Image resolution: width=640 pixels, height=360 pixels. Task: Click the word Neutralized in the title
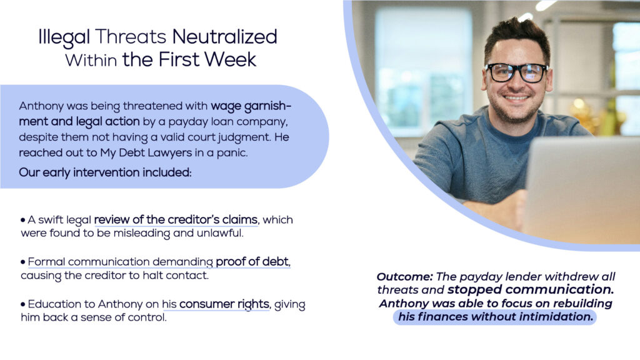pyautogui.click(x=224, y=37)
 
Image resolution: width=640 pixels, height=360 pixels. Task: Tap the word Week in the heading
pyautogui.click(x=230, y=59)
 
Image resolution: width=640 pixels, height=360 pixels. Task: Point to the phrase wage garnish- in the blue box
pyautogui.click(x=251, y=106)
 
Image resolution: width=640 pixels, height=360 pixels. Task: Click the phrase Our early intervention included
pyautogui.click(x=105, y=172)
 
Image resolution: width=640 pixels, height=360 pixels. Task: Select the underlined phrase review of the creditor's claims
pyautogui.click(x=176, y=220)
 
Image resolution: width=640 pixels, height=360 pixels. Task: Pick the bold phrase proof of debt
pyautogui.click(x=252, y=262)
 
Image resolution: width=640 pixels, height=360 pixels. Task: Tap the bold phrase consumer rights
pyautogui.click(x=224, y=304)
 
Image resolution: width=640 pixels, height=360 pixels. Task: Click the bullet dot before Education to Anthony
pyautogui.click(x=23, y=304)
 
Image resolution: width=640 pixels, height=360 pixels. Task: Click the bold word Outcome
pyautogui.click(x=404, y=277)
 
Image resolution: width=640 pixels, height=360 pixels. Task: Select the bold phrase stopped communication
pyautogui.click(x=531, y=290)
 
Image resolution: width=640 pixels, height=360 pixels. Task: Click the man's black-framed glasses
pyautogui.click(x=516, y=72)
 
